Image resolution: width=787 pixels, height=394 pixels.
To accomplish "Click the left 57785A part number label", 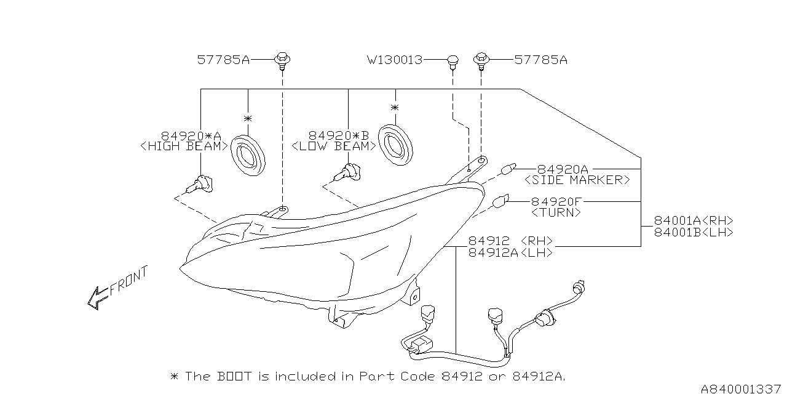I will (x=223, y=60).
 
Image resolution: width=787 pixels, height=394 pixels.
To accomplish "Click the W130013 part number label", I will (x=394, y=60).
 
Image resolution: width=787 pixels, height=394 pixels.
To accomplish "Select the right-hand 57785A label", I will (x=540, y=60).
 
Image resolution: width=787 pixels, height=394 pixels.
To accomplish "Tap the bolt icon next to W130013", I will (x=453, y=60).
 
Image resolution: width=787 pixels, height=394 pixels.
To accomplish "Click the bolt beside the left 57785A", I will (x=282, y=60).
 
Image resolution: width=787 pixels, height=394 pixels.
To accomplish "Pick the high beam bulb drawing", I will (x=200, y=182).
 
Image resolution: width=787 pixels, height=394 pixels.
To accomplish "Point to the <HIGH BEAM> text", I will (x=184, y=147).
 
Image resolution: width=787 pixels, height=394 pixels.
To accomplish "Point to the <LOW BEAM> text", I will (x=333, y=147).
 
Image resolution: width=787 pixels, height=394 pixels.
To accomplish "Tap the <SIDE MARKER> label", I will (x=577, y=180).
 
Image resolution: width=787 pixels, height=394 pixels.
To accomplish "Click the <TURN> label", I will (x=555, y=212).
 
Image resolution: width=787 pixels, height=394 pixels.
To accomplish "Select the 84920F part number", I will (x=556, y=201).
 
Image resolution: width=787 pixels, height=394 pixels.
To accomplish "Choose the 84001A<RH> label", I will (x=694, y=220).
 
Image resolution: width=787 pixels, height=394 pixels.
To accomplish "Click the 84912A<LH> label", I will (x=510, y=252).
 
